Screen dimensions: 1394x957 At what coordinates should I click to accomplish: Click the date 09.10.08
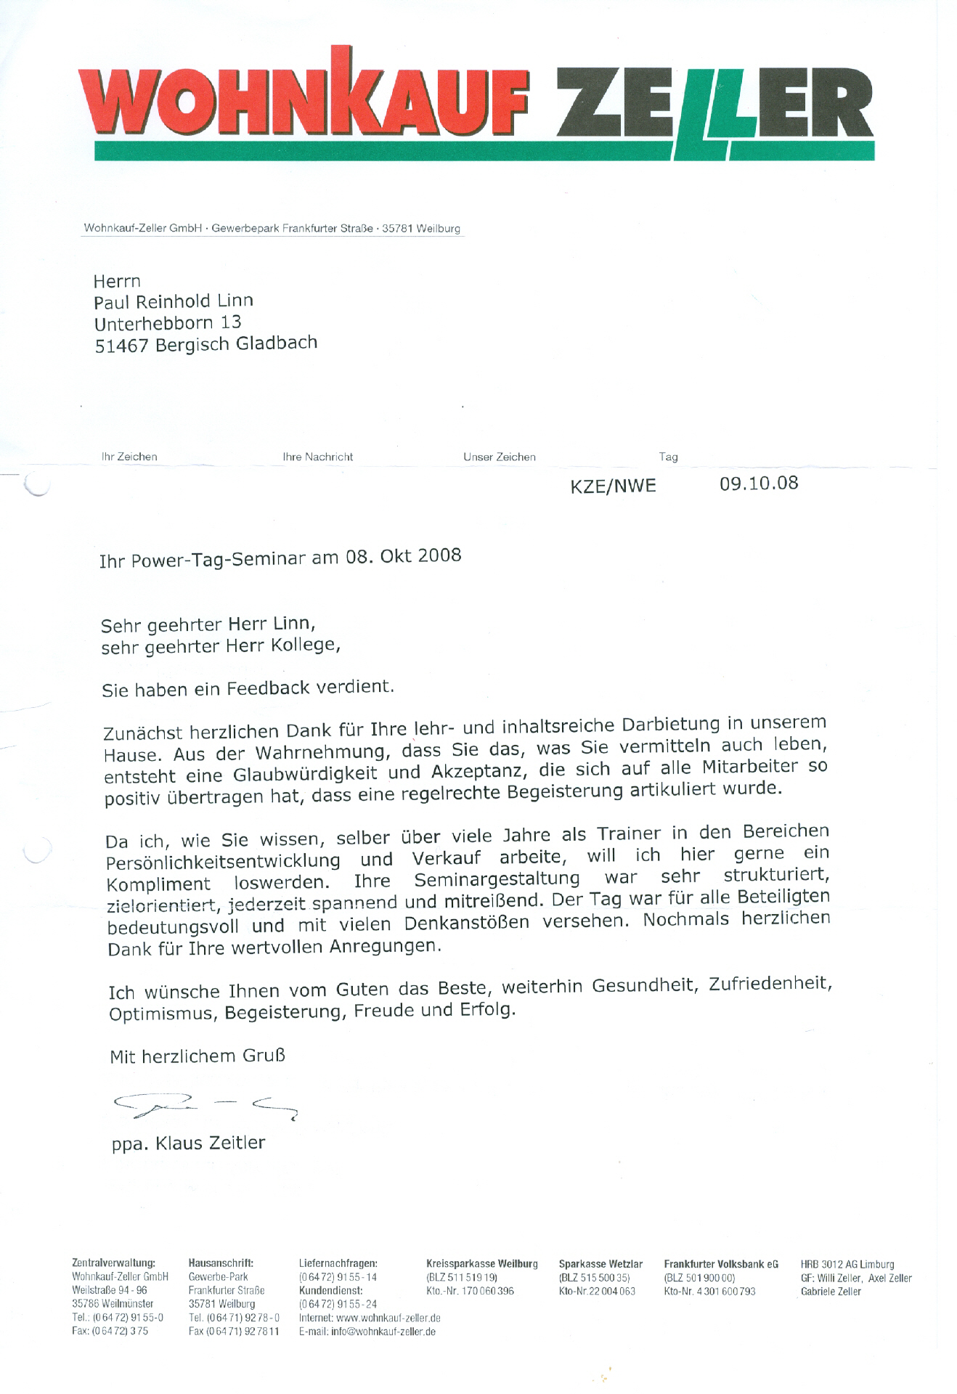(759, 484)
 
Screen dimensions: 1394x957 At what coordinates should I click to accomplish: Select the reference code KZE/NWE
(613, 486)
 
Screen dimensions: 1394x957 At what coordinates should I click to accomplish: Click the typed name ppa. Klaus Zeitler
(188, 1144)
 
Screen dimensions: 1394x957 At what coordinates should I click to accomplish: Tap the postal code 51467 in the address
(121, 346)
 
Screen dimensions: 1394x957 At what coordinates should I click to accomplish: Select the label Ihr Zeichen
(129, 457)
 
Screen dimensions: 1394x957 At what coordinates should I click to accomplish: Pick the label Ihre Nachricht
(317, 457)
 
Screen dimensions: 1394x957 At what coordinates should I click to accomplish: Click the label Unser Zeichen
(500, 457)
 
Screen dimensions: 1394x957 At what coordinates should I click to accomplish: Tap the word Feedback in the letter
(268, 688)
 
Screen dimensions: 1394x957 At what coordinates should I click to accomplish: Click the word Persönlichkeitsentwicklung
(223, 862)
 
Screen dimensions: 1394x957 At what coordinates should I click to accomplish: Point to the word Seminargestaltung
(497, 880)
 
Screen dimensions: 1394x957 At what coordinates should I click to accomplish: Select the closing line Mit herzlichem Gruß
(197, 1056)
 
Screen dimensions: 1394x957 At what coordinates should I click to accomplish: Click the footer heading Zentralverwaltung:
(113, 1264)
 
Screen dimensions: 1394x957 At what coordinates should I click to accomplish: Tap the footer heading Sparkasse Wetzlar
(600, 1264)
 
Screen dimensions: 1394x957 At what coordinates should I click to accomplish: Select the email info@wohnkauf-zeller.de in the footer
(383, 1332)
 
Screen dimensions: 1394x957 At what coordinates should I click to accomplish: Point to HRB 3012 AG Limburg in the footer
(847, 1264)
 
